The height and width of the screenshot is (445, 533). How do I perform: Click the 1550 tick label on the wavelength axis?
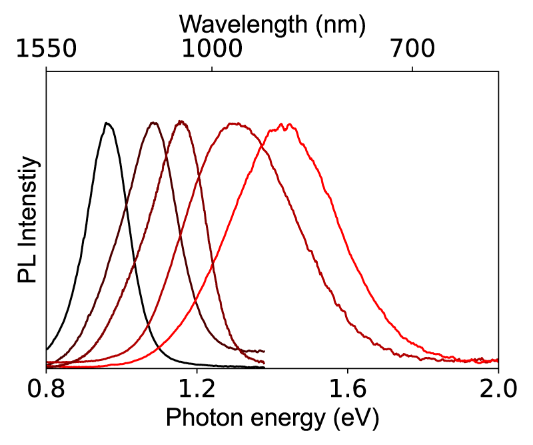[46, 48]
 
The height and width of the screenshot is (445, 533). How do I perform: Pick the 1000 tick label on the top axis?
[212, 48]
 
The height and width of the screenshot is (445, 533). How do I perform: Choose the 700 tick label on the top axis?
[413, 48]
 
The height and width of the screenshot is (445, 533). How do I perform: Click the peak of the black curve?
[106, 123]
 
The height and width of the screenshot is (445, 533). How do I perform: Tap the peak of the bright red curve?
[285, 124]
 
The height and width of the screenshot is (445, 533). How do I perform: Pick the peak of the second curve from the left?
[154, 122]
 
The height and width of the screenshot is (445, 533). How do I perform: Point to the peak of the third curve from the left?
[181, 121]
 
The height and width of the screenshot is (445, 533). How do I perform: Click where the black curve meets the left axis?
[47, 349]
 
